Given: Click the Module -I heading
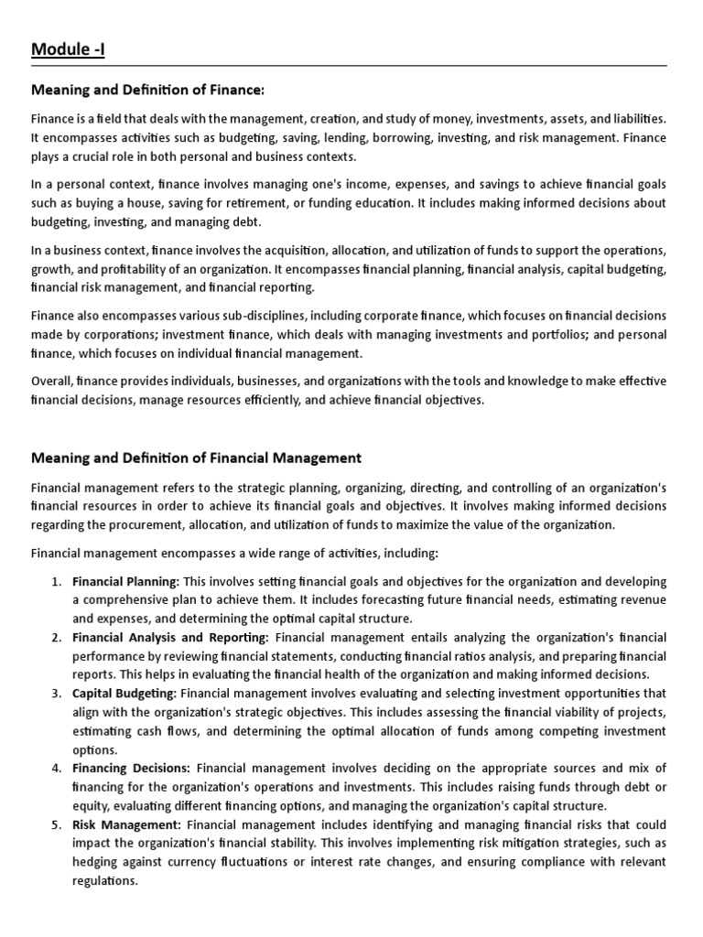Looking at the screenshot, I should [x=69, y=48].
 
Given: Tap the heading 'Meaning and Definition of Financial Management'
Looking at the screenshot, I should [x=196, y=458].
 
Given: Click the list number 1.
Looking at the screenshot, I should [x=56, y=582].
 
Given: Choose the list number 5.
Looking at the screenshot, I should [x=56, y=824].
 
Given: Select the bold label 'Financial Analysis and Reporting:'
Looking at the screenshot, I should [x=170, y=637].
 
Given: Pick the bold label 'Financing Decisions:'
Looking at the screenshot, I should [x=131, y=769].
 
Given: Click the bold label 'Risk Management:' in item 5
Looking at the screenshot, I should [x=125, y=824].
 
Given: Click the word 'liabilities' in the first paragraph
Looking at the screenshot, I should [x=637, y=119].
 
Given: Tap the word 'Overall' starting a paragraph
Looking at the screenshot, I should [x=51, y=381].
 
